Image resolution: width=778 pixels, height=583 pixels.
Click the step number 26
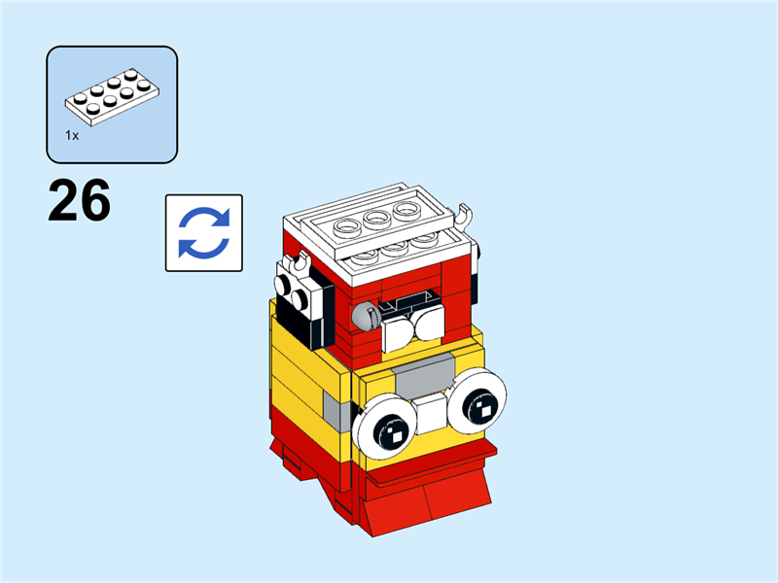click(x=80, y=202)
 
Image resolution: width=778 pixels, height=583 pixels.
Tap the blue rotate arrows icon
click(x=204, y=232)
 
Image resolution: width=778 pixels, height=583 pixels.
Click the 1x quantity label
click(x=72, y=136)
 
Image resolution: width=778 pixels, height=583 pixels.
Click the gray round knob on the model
click(x=365, y=314)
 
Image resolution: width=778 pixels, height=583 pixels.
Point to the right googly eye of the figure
click(x=477, y=398)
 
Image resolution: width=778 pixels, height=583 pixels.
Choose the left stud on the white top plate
click(x=346, y=231)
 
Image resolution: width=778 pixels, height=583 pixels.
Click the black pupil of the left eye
click(x=391, y=429)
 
